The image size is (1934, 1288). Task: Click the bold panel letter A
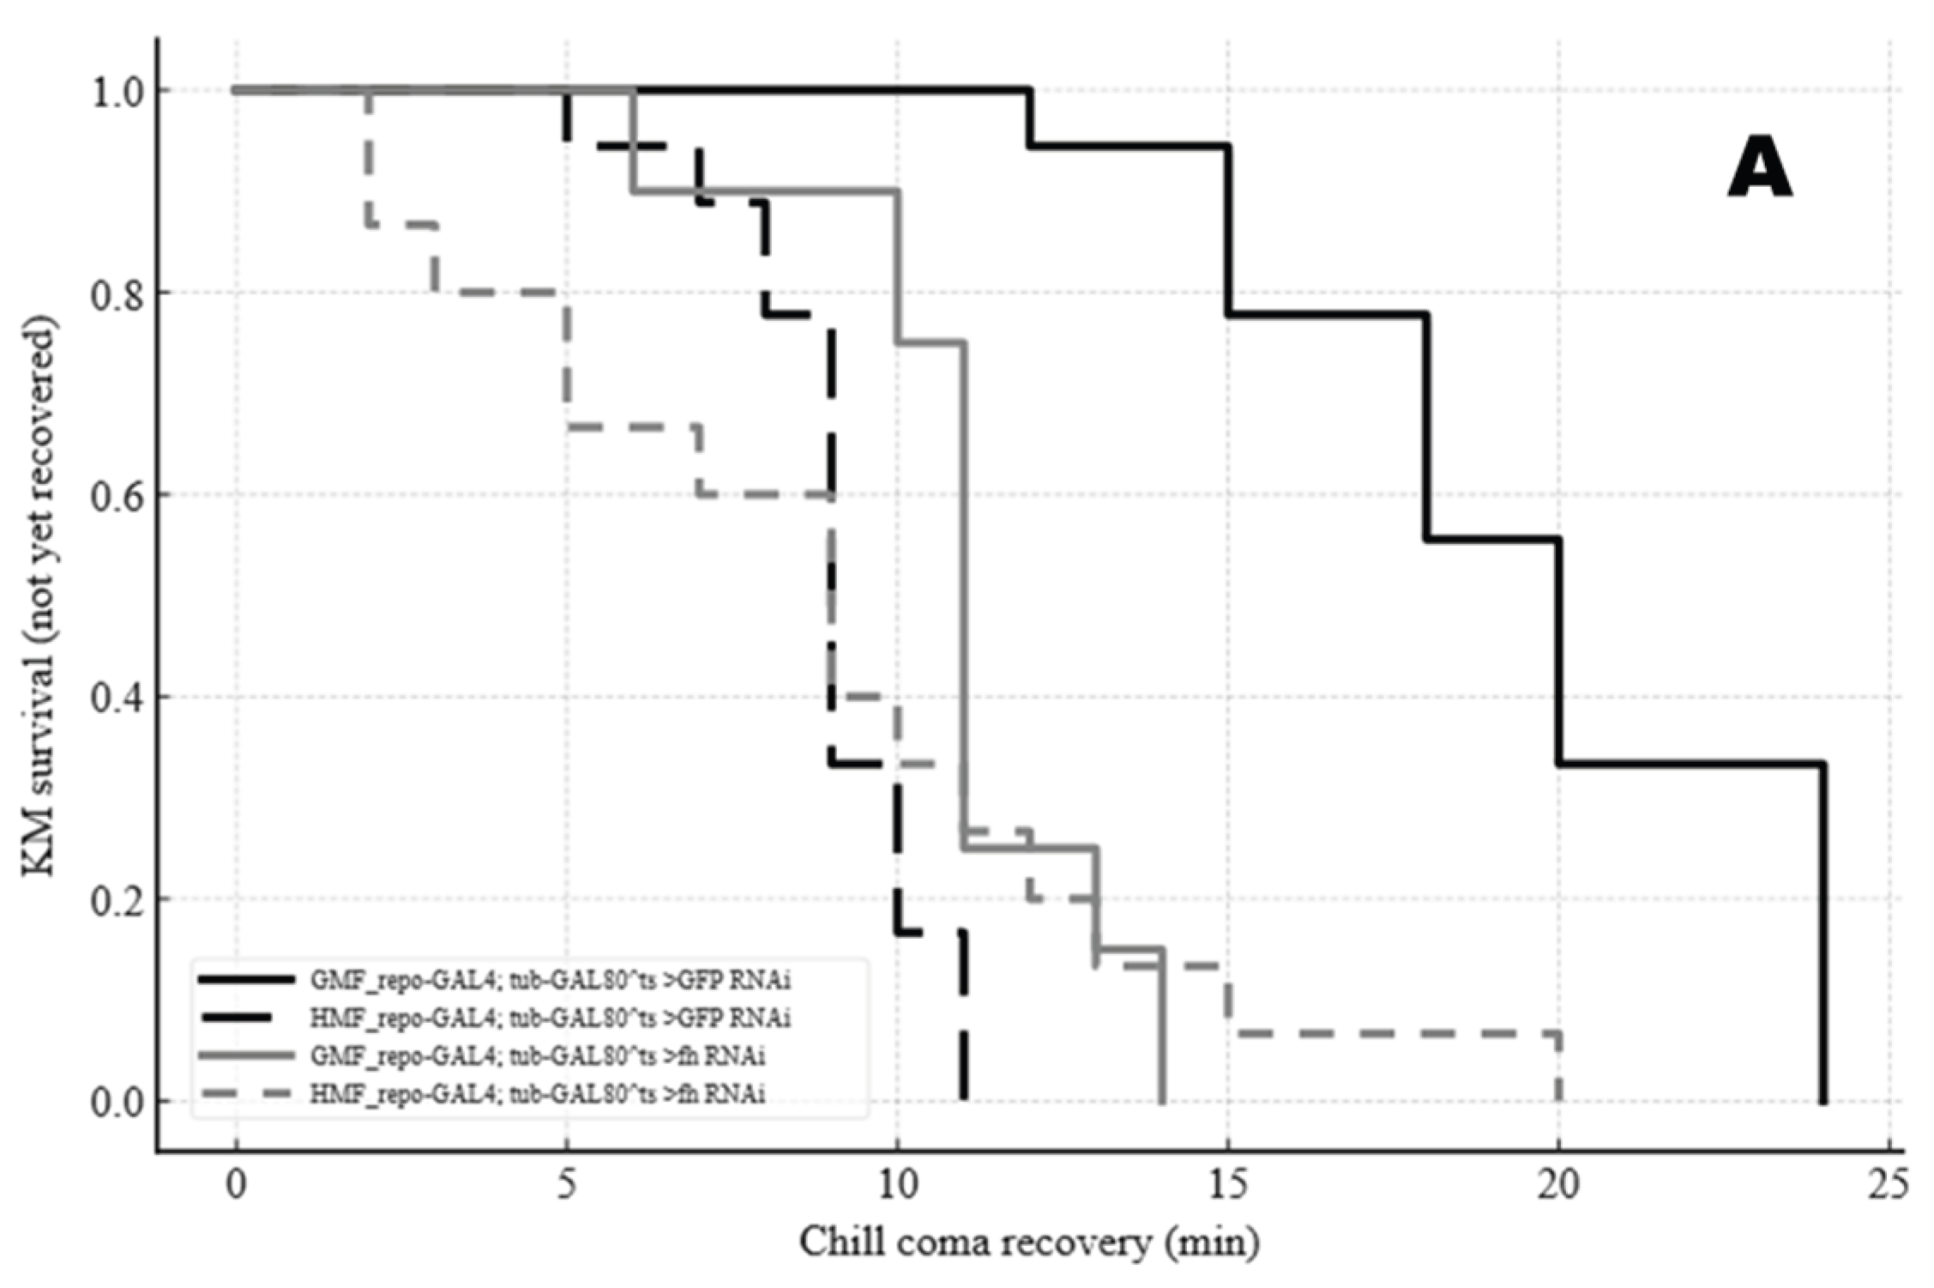1759,170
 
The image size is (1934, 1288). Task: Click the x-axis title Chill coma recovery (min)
1029,1242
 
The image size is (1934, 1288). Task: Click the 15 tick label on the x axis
1227,1185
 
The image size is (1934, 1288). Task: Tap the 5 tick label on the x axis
566,1185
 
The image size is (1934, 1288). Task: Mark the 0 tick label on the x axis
236,1185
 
